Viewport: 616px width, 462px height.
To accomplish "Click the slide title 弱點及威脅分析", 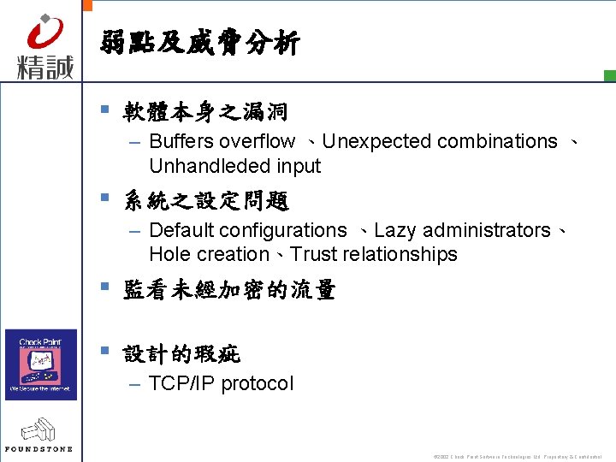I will (200, 43).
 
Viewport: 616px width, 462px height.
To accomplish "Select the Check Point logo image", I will (41, 364).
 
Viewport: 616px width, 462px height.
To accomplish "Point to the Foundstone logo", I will (39, 435).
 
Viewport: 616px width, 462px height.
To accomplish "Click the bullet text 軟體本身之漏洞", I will (205, 112).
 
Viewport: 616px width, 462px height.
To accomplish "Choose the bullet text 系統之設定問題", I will (206, 202).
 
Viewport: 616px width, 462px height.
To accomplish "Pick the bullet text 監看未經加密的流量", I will (229, 291).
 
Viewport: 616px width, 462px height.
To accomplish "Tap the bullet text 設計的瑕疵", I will (182, 354).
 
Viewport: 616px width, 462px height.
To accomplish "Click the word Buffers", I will (181, 141).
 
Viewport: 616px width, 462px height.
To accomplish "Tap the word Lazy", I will (394, 230).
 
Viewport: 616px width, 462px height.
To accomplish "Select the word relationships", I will (400, 254).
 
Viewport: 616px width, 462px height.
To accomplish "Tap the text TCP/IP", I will (182, 383).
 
